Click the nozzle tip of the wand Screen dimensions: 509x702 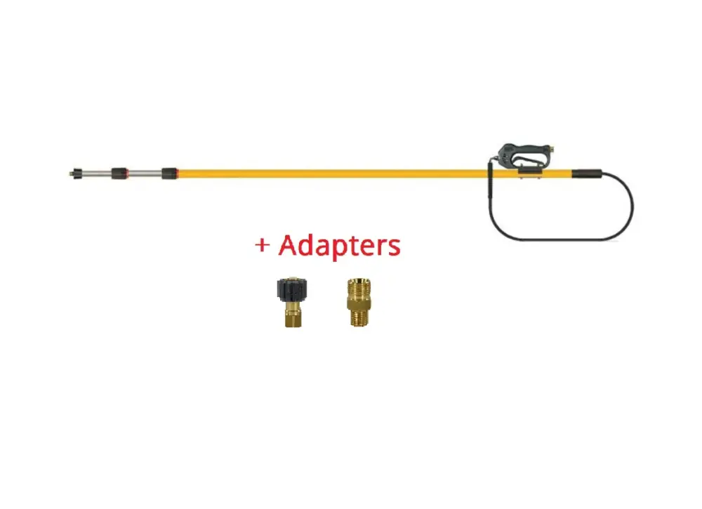74,171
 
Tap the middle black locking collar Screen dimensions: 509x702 119,172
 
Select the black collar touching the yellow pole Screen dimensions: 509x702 169,173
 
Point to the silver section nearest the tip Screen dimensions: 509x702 95,172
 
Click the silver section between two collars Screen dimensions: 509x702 144,172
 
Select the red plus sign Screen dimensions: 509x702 262,246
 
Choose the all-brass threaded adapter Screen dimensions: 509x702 357,302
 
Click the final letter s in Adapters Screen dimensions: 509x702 394,247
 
